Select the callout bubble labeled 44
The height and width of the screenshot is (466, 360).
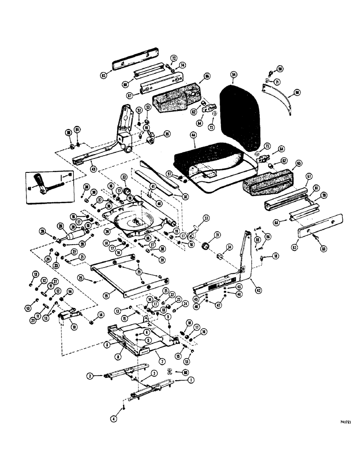pyautogui.click(x=193, y=135)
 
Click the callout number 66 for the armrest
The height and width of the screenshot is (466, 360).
pyautogui.click(x=207, y=75)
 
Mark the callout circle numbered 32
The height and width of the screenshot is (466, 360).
pyautogui.click(x=124, y=177)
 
